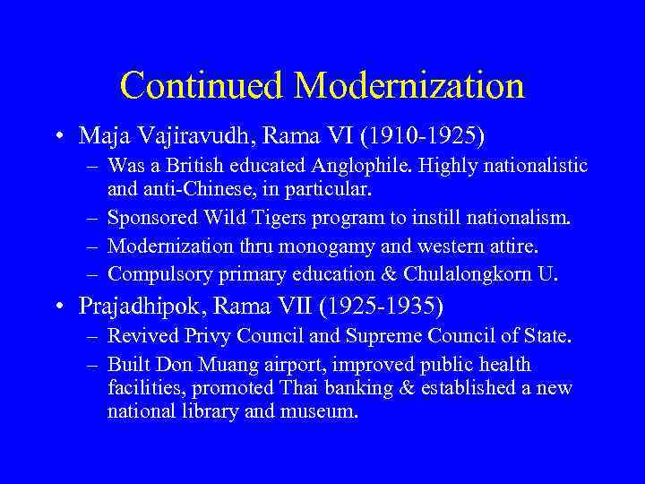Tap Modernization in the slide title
(408, 86)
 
